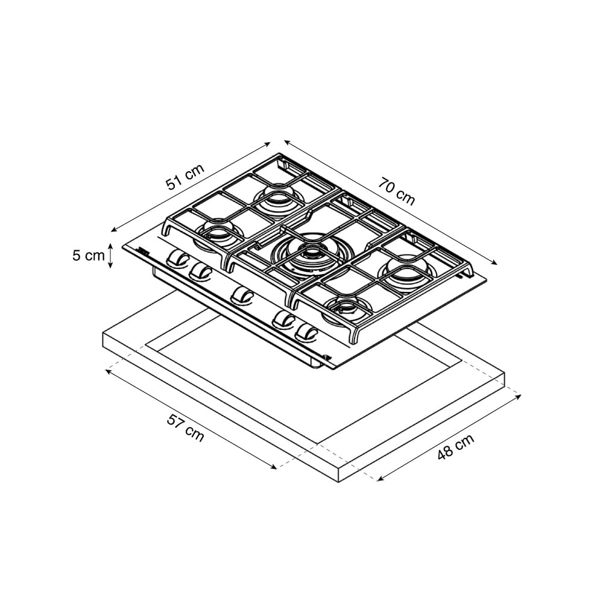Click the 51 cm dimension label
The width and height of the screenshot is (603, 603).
(185, 177)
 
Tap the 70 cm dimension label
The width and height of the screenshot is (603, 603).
(397, 191)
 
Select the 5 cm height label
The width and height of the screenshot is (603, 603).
(89, 255)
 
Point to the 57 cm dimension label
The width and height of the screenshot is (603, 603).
(185, 428)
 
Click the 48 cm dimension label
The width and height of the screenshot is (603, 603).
(456, 446)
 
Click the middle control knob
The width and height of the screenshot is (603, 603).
(242, 295)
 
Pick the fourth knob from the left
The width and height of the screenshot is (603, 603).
(284, 319)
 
